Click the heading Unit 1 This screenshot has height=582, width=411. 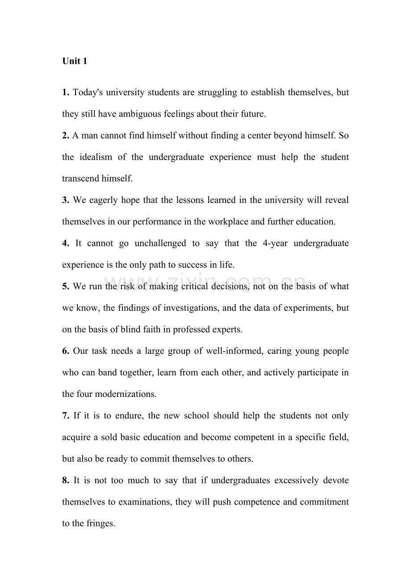75,61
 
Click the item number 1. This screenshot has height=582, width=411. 65,93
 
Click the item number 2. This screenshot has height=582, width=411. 65,135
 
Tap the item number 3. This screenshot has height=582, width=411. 65,200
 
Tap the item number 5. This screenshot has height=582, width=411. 65,286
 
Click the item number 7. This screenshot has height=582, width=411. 65,416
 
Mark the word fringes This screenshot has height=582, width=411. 101,523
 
